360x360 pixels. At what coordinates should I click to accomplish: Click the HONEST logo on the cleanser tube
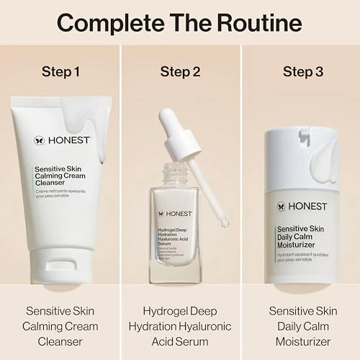pos(56,141)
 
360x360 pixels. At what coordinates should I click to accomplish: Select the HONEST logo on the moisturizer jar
pos(298,207)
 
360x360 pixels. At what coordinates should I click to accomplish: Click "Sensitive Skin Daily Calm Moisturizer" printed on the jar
pos(302,235)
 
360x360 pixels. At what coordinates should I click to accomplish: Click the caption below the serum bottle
pos(180,326)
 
